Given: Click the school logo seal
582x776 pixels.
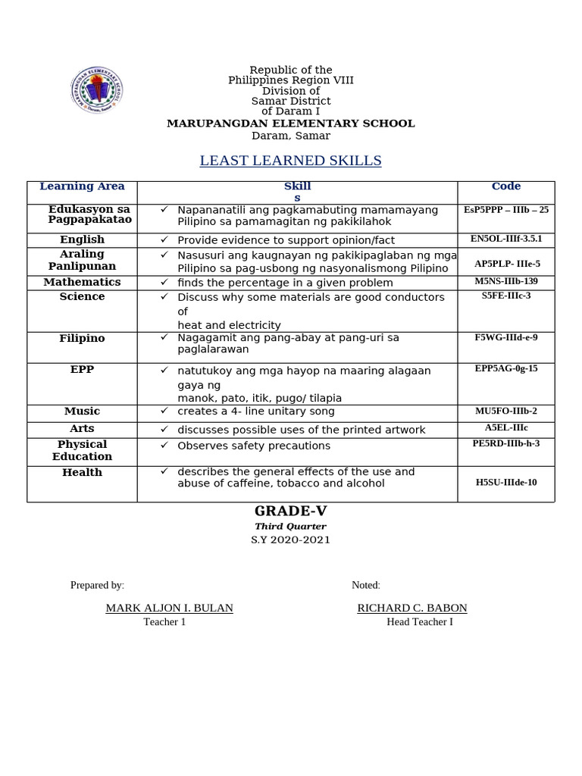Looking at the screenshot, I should [96, 91].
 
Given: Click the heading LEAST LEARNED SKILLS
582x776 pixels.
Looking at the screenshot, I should [290, 161].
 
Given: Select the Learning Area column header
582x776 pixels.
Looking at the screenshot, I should [82, 186].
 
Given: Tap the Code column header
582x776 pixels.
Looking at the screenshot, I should [505, 186].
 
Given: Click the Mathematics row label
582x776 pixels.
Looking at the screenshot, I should [82, 282].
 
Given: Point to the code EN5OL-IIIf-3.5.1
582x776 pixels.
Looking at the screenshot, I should [505, 239].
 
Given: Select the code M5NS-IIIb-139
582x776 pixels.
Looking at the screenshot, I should [505, 281].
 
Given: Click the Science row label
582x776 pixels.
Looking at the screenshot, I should [82, 297].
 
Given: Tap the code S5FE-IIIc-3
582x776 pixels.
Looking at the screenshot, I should [505, 296].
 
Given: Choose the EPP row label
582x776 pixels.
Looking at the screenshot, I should [82, 370].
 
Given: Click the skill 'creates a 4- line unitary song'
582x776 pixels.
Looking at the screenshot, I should [255, 411].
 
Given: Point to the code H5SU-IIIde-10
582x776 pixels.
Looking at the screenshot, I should [505, 482].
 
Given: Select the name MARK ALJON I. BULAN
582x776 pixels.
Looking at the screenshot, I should [169, 608].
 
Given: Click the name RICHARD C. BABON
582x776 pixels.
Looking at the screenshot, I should [411, 608].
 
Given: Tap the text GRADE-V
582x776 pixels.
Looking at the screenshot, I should [290, 512].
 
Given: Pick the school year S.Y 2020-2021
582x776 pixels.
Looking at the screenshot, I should [290, 540].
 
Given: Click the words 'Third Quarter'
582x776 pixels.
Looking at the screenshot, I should [290, 527].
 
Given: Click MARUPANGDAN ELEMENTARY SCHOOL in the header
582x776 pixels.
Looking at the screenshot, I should [290, 124].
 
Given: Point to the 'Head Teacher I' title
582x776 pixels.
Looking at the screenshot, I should [419, 622].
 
